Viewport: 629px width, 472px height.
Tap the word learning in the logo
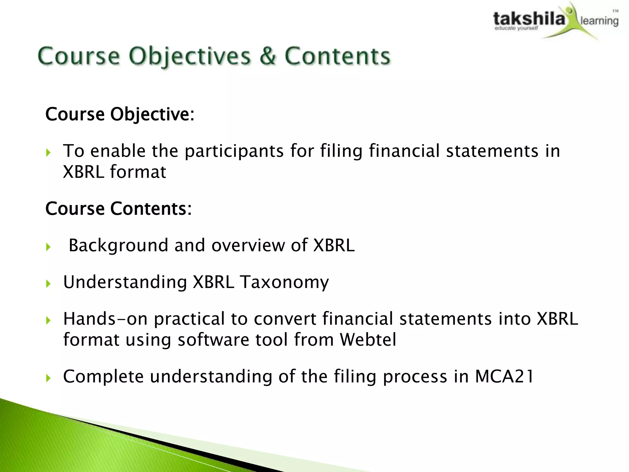tap(599, 21)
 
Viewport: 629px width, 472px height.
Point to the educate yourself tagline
tap(516, 29)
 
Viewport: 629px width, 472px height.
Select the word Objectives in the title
tap(189, 57)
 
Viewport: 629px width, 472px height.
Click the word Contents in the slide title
tap(337, 56)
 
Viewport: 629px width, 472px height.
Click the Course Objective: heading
tap(120, 114)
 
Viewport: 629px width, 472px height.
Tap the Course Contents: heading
tap(119, 209)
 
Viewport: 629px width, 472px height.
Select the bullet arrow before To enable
tap(48, 152)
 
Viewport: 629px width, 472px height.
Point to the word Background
tap(118, 246)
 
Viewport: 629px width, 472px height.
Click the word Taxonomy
tap(284, 282)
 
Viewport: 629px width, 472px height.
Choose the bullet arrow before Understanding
tap(48, 284)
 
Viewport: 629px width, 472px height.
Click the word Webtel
tap(368, 340)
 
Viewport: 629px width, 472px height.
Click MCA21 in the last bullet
tap(504, 376)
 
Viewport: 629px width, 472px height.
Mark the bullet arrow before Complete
tap(48, 378)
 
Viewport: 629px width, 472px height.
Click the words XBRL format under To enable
tap(114, 172)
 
